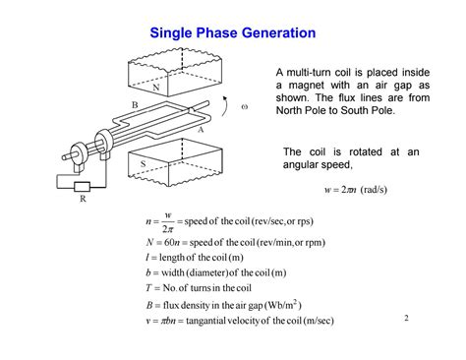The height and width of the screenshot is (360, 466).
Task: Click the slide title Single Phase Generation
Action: coord(232,33)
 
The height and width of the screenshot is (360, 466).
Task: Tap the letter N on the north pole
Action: coord(155,88)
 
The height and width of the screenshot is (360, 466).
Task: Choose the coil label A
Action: coord(201,129)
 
